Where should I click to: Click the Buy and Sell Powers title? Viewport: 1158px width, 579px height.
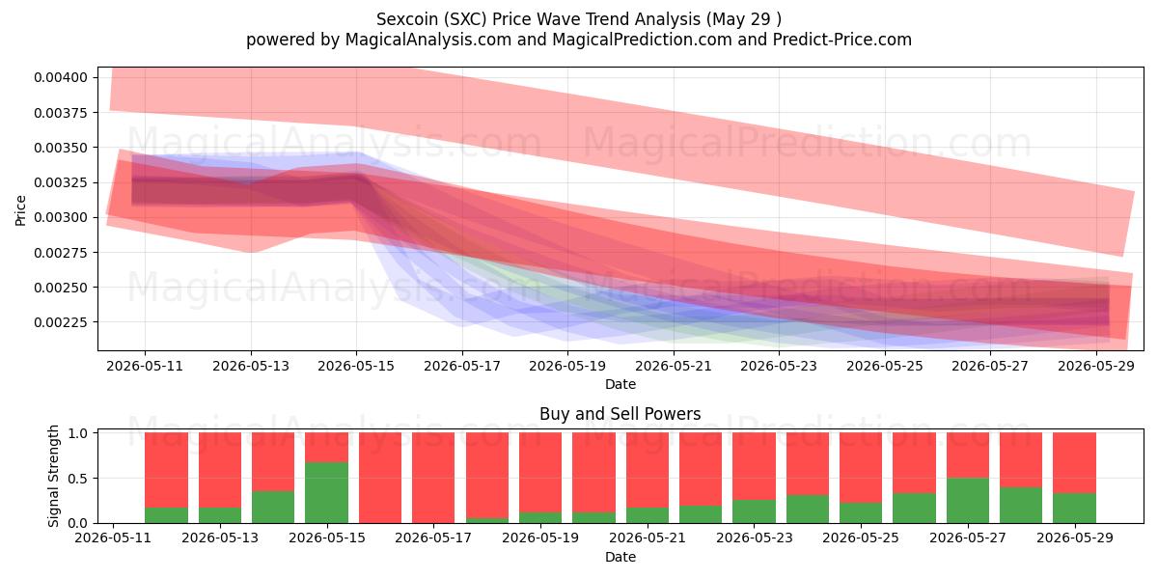coord(620,414)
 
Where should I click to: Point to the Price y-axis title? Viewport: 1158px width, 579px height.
coord(20,210)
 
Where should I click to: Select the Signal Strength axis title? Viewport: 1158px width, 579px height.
coord(53,476)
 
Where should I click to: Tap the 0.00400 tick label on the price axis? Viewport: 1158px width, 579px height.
coord(61,77)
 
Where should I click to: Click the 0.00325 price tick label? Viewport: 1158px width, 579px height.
coord(61,182)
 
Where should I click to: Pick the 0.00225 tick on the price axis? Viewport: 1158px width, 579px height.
coord(61,322)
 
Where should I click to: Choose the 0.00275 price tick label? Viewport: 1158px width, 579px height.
coord(61,252)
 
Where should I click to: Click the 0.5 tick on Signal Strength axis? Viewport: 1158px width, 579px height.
coord(77,479)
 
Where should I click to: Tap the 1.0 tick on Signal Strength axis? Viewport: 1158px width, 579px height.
coord(77,432)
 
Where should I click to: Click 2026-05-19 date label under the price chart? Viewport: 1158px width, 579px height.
coord(567,366)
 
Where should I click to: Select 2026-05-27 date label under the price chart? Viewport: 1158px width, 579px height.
coord(990,366)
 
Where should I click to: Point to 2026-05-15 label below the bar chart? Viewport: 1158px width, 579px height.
coord(327,538)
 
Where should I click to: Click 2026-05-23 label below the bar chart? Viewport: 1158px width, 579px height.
coord(755,538)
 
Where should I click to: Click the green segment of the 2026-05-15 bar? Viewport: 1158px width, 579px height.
coord(326,492)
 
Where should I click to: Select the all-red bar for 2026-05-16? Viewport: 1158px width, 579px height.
coord(380,478)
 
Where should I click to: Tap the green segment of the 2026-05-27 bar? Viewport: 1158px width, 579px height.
coord(968,501)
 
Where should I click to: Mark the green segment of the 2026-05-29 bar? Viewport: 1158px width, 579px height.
coord(1074,509)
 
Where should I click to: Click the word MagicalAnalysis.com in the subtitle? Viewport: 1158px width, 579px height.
coord(428,40)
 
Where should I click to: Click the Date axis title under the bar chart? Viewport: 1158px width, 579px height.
coord(620,557)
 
